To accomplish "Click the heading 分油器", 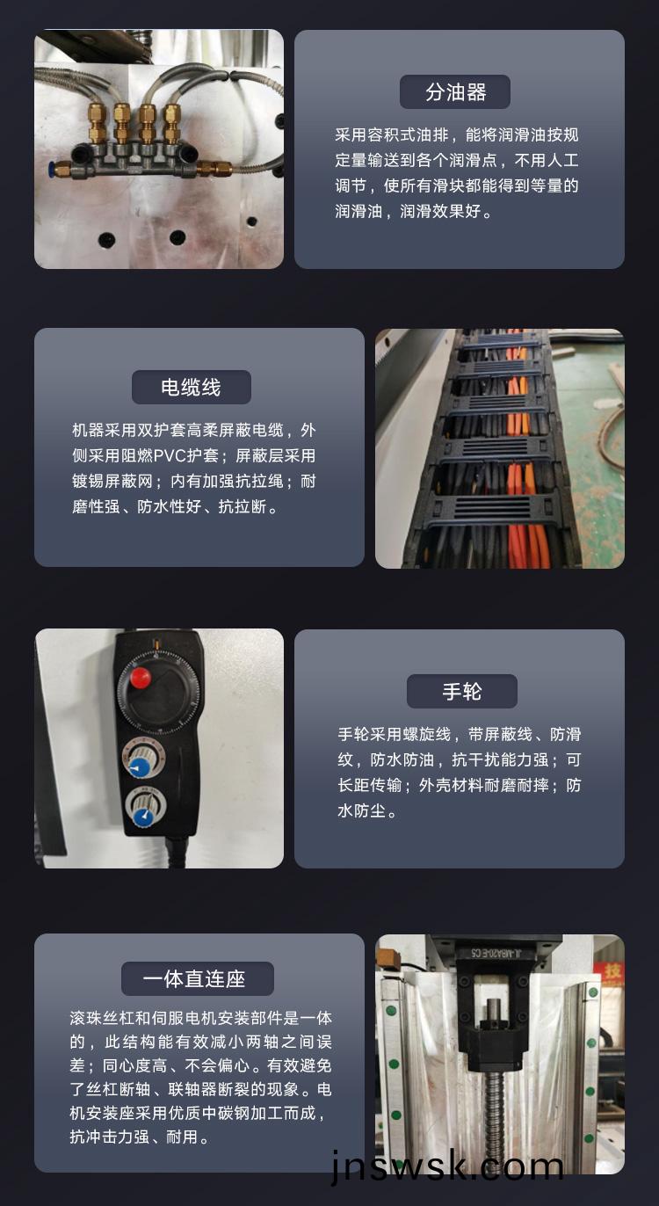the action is [455, 92].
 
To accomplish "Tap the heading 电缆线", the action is [192, 387].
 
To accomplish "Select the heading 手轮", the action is [462, 691].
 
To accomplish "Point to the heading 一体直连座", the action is [194, 979].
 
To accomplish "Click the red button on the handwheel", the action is [141, 678].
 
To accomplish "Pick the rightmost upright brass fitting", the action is [171, 124].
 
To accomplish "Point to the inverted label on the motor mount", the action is [496, 954].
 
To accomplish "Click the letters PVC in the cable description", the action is [170, 456].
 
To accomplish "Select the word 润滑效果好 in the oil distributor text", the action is [440, 212].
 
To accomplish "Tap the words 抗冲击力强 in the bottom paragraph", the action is [109, 1137].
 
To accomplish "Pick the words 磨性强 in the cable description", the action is [97, 506].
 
